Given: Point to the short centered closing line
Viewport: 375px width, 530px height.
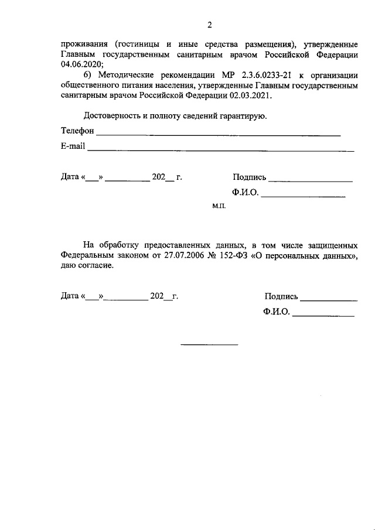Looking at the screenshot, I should click(209, 344).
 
